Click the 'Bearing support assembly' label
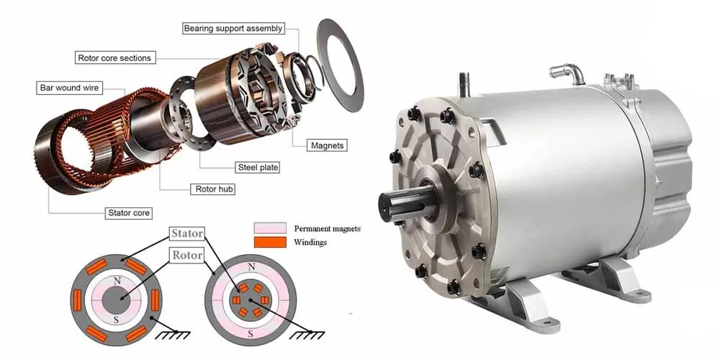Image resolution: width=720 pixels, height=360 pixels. coord(233,29)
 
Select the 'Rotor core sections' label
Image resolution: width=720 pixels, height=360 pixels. coord(114,57)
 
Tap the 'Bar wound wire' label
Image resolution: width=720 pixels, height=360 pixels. coord(70,88)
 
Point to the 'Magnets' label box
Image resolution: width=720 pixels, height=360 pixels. coord(327,145)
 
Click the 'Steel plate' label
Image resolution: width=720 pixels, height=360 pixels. coord(258,167)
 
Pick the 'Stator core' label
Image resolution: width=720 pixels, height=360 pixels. coord(129,213)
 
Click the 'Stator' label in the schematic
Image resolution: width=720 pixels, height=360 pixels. coord(186,233)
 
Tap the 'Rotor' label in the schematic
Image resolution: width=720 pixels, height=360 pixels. coord(186,255)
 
